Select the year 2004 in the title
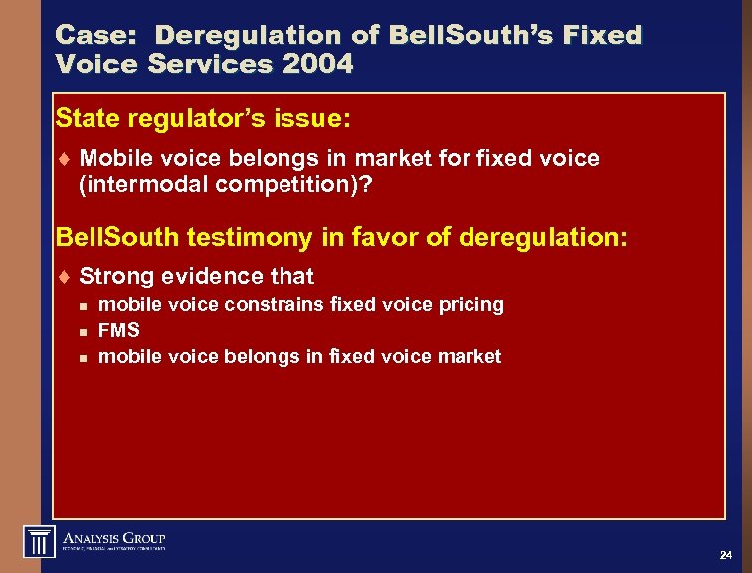point(317,65)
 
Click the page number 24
point(725,554)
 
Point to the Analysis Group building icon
point(38,541)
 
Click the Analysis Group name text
point(114,536)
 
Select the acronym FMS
point(120,330)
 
